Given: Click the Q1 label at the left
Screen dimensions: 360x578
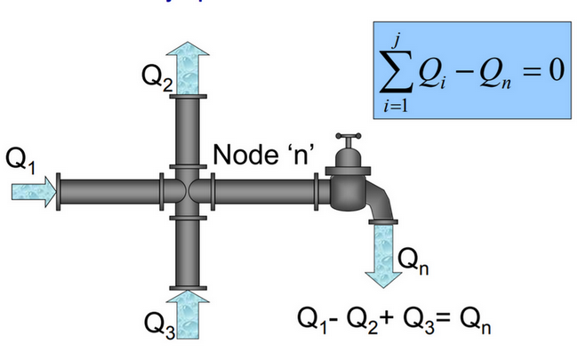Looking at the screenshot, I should point(20,160).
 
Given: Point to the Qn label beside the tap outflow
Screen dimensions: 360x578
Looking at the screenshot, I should point(415,260).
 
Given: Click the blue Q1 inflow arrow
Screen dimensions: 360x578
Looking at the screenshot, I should point(35,191).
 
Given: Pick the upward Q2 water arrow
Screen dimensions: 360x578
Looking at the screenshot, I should point(189,67).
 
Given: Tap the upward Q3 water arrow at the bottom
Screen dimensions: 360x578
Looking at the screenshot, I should point(189,316).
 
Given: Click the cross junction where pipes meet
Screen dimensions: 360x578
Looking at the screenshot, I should point(189,191).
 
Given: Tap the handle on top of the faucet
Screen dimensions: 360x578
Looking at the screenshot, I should point(347,139).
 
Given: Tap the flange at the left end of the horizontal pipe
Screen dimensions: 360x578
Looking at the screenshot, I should point(59,191).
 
